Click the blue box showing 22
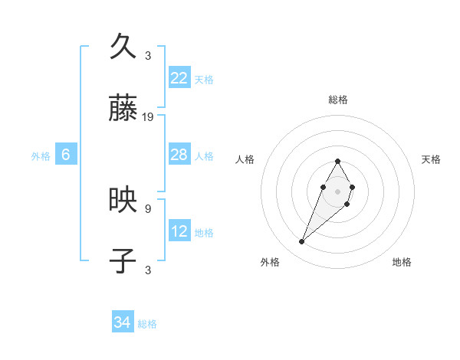pyautogui.click(x=179, y=78)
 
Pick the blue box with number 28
pyautogui.click(x=179, y=155)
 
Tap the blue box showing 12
pyautogui.click(x=179, y=231)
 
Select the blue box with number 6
pyautogui.click(x=66, y=155)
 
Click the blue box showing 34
pyautogui.click(x=123, y=322)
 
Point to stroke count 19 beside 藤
pyautogui.click(x=148, y=117)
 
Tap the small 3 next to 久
pyautogui.click(x=148, y=56)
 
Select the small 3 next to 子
pyautogui.click(x=148, y=270)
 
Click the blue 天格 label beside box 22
pyautogui.click(x=204, y=79)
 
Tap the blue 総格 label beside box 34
pyautogui.click(x=147, y=324)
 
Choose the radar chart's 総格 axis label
pyautogui.click(x=337, y=100)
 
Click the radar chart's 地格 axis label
pyautogui.click(x=402, y=262)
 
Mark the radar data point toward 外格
pyautogui.click(x=302, y=242)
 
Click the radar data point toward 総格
pyautogui.click(x=337, y=161)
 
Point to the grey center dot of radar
pyautogui.click(x=337, y=190)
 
